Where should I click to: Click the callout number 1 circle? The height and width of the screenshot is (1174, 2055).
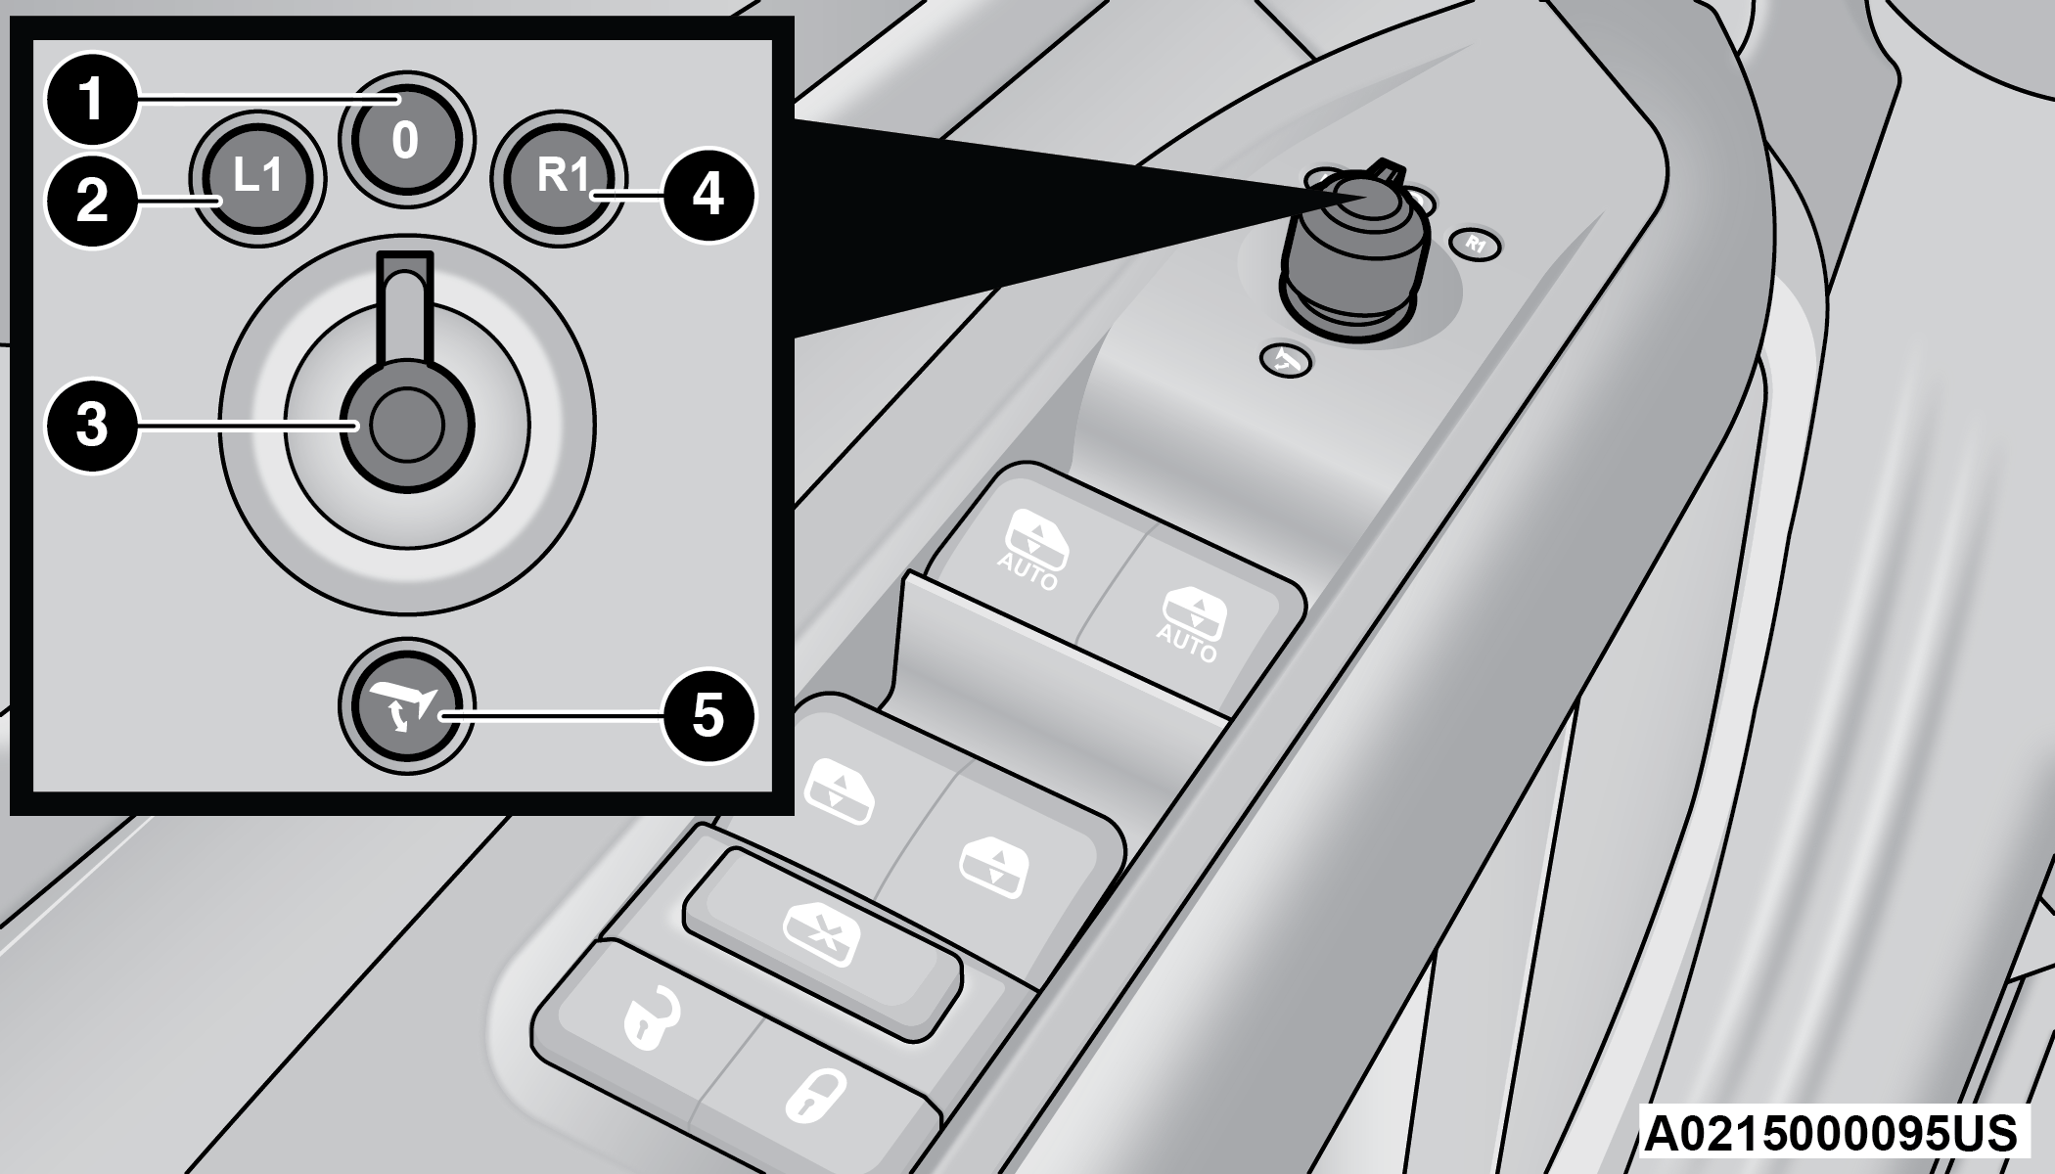pyautogui.click(x=92, y=99)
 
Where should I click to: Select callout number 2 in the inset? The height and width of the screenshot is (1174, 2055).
pyautogui.click(x=92, y=201)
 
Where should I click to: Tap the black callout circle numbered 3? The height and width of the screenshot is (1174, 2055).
pyautogui.click(x=92, y=426)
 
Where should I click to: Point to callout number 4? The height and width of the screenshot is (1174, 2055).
pyautogui.click(x=708, y=195)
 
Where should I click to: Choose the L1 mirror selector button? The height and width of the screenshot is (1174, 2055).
pyautogui.click(x=256, y=178)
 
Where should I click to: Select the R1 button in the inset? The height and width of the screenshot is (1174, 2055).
pyautogui.click(x=560, y=178)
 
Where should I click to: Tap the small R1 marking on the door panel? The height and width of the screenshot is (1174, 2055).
pyautogui.click(x=1476, y=245)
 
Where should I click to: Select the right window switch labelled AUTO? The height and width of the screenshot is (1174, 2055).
pyautogui.click(x=1187, y=623)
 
